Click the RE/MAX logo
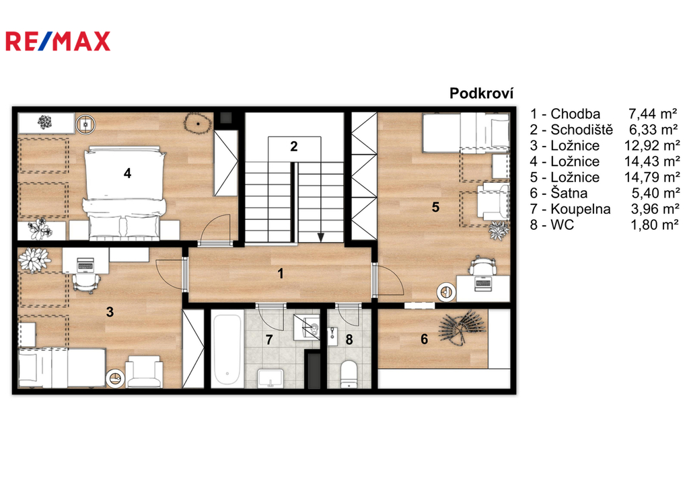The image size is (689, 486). point(58,41)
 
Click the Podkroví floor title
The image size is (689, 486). point(481,93)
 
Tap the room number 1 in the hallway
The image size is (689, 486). point(281,274)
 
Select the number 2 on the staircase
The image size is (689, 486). point(293,146)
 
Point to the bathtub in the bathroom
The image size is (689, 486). point(227,349)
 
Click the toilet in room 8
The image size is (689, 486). point(349,374)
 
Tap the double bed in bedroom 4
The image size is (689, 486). point(124,193)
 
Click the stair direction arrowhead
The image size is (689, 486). point(321,237)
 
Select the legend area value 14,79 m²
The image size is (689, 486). point(652,177)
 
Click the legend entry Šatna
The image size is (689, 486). point(569,193)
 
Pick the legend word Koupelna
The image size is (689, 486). point(581,208)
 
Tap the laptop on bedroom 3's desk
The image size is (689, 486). point(85,264)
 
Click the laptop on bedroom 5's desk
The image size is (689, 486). point(482,283)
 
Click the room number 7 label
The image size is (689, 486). point(269,339)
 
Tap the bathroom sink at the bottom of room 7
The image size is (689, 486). point(270,378)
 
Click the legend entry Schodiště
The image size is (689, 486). point(581,130)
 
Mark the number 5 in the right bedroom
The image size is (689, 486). point(435,207)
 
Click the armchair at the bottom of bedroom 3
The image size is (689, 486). point(144,372)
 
